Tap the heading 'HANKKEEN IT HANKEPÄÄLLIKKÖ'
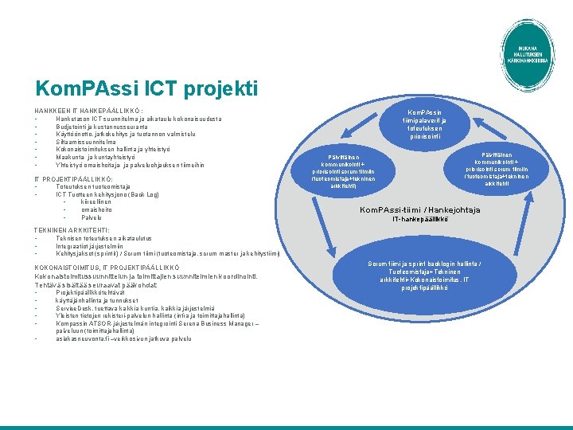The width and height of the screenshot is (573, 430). tap(88, 110)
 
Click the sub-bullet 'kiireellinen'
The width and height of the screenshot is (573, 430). tap(96, 201)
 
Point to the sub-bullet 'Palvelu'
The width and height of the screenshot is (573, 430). tap(92, 217)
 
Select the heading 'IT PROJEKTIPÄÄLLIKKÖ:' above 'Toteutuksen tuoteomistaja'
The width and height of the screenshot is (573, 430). tap(72, 179)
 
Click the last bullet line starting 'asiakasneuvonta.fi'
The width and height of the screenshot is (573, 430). tap(123, 338)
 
